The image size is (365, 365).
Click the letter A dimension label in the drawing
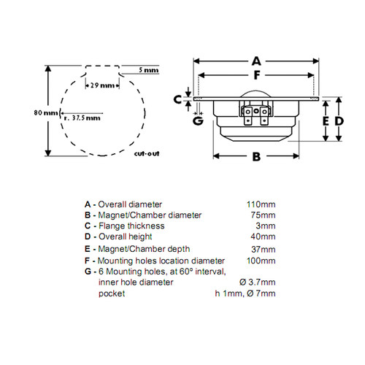[256, 61]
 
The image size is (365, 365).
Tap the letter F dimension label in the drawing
[257, 75]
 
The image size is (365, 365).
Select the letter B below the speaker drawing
[256, 157]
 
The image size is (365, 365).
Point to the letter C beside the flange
[177, 99]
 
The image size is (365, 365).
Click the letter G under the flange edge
[198, 121]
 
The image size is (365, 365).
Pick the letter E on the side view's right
[326, 121]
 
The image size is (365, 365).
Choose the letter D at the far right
[339, 121]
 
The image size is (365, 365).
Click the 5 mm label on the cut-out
[149, 70]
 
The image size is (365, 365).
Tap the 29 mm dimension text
[102, 85]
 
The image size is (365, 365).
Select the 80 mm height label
[46, 112]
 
